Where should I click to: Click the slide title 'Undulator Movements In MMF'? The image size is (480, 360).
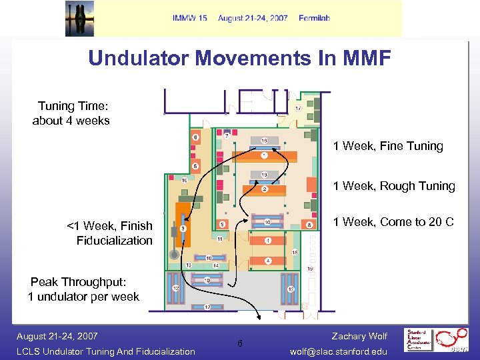click(x=239, y=58)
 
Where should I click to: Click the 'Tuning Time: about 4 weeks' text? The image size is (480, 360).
click(x=71, y=113)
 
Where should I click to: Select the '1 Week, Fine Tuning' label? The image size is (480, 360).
click(x=388, y=146)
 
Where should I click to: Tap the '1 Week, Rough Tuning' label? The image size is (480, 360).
click(x=394, y=186)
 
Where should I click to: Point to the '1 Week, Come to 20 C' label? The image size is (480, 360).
click(x=393, y=222)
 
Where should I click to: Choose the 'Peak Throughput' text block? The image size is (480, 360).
click(x=83, y=289)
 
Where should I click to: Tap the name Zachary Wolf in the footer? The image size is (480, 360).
click(x=359, y=336)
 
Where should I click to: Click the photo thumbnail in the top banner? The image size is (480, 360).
click(x=79, y=18)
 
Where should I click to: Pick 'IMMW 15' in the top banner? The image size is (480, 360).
click(x=189, y=18)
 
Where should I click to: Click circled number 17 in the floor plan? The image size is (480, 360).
click(x=298, y=107)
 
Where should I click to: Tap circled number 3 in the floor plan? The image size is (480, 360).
click(x=183, y=228)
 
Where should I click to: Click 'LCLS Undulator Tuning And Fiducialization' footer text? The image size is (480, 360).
click(x=106, y=351)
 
